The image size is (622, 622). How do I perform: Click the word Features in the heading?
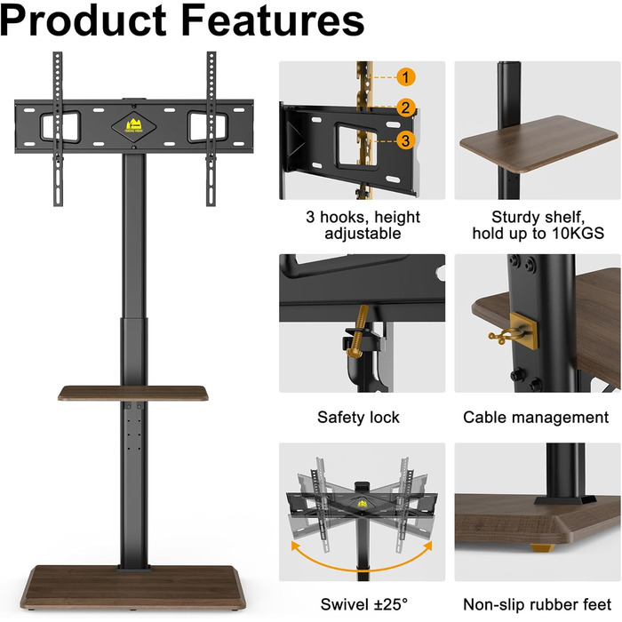pyautogui.click(x=273, y=20)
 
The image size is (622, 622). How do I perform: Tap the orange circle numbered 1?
pyautogui.click(x=405, y=77)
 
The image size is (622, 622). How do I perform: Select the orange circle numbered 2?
pyautogui.click(x=405, y=108)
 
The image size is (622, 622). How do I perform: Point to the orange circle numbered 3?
pyautogui.click(x=405, y=140)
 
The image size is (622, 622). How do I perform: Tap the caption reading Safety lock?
pyautogui.click(x=358, y=418)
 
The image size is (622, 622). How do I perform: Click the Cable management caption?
pyautogui.click(x=536, y=418)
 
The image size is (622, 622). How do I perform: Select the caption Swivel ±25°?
pyautogui.click(x=363, y=604)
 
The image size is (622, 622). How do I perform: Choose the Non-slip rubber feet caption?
pyautogui.click(x=537, y=604)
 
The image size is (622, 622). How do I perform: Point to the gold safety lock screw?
pyautogui.click(x=358, y=331)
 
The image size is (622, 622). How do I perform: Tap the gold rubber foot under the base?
pyautogui.click(x=542, y=548)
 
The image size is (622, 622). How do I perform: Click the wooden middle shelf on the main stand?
pyautogui.click(x=133, y=393)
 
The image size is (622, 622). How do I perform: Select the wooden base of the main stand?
pyautogui.click(x=133, y=588)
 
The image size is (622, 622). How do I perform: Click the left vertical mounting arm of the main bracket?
pyautogui.click(x=58, y=129)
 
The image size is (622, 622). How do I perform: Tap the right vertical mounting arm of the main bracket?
pyautogui.click(x=211, y=129)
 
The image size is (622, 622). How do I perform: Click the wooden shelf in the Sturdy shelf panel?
pyautogui.click(x=538, y=144)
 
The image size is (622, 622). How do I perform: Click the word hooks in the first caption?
pyautogui.click(x=345, y=218)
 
